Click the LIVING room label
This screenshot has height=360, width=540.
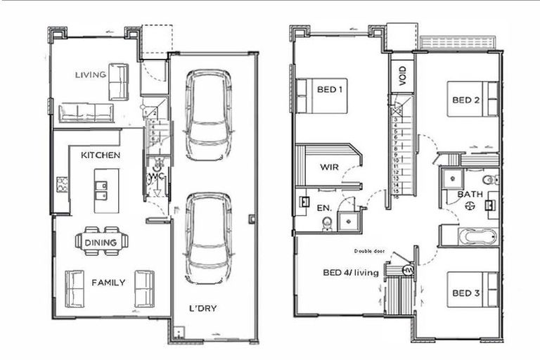pos(90,75)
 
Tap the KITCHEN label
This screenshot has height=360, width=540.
pos(100,155)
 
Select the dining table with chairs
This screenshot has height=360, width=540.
pos(101,241)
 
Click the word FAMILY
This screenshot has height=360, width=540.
pos(108,283)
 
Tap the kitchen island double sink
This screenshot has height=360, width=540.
pos(101,191)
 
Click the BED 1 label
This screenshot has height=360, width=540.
pos(330,89)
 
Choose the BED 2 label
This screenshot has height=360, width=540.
pos(465,100)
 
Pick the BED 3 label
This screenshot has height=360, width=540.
pos(465,292)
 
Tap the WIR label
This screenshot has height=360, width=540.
pos(330,167)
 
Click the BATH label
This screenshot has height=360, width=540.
pos(470,194)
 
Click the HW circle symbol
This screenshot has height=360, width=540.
pos(407,271)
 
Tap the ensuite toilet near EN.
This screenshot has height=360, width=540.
pos(326,223)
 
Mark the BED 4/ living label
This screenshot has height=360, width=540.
pos(350,273)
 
